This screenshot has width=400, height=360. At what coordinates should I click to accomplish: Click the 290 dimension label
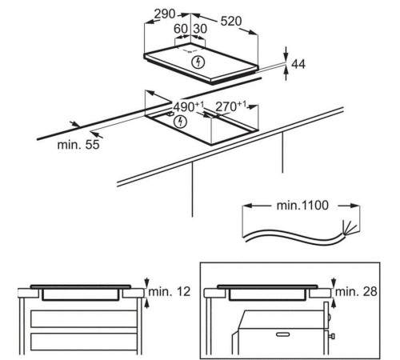click(165, 14)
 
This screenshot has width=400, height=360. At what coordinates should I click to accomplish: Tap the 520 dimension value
click(231, 21)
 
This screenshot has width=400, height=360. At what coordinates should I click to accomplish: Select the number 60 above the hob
click(181, 29)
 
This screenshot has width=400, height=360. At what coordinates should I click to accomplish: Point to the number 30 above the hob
click(200, 29)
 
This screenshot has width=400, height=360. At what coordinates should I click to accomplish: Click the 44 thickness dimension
click(298, 64)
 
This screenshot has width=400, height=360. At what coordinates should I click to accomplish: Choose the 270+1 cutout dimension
click(230, 106)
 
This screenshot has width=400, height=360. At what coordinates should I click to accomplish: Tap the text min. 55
click(78, 145)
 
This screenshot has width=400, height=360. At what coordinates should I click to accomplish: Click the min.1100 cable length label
click(302, 206)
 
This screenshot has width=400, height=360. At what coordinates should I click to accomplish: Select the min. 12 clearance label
click(170, 291)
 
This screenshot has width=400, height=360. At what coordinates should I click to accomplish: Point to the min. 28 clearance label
click(356, 291)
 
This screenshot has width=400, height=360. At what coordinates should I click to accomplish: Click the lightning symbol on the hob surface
click(198, 62)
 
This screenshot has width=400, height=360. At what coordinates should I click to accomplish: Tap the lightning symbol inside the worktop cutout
click(181, 122)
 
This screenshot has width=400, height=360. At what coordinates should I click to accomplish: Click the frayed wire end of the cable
click(349, 229)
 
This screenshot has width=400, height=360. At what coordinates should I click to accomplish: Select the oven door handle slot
click(283, 334)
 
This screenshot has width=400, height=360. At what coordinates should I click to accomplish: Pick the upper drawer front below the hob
click(83, 318)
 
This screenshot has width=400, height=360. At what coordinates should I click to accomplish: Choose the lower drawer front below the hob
click(83, 342)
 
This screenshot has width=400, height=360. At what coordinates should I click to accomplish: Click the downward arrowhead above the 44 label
click(286, 55)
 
